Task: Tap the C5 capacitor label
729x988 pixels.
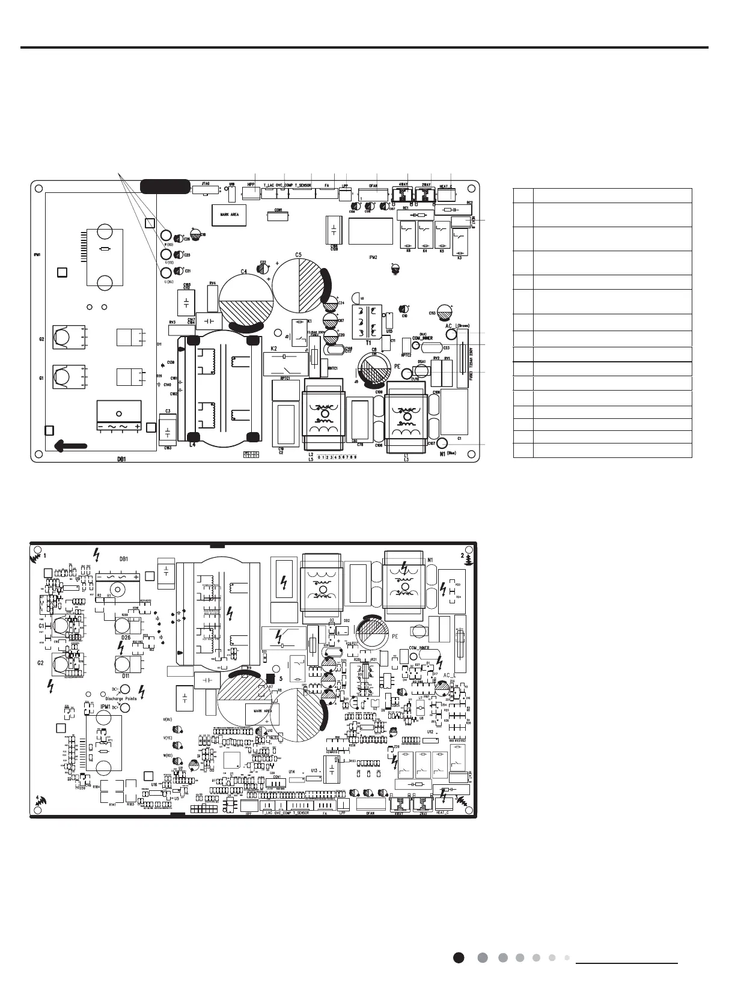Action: click(x=298, y=255)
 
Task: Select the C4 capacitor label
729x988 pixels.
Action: click(x=244, y=272)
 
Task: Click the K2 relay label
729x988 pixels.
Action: click(x=273, y=349)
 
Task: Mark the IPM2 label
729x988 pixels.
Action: click(x=373, y=257)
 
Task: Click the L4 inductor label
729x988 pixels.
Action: click(x=192, y=445)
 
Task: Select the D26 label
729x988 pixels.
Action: click(x=126, y=638)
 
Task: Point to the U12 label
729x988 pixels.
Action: click(x=430, y=732)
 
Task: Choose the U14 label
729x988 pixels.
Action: click(x=292, y=771)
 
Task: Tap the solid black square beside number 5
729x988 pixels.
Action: click(x=270, y=671)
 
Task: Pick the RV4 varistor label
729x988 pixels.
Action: click(x=213, y=283)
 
